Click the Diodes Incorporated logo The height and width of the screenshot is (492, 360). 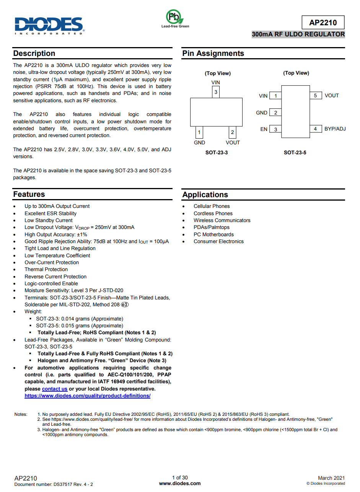point(49,25)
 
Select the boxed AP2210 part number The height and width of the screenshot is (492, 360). point(323,23)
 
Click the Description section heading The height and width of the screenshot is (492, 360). point(34,53)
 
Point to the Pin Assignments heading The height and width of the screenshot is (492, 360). point(213,53)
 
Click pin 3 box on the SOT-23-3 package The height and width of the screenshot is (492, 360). point(216,92)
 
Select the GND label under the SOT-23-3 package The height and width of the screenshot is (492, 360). point(199,142)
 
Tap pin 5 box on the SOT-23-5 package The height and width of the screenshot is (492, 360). point(315,96)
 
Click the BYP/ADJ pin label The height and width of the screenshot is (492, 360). point(335,129)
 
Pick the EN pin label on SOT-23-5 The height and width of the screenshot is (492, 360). point(264,129)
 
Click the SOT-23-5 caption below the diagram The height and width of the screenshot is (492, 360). point(295,152)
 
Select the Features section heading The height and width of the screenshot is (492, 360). point(29,194)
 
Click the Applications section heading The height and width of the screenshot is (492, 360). point(205,195)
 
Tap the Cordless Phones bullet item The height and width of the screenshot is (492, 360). point(213,213)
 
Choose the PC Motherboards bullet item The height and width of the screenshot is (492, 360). point(213,234)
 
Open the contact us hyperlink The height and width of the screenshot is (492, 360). point(54,389)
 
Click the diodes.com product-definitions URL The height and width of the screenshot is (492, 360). point(87,396)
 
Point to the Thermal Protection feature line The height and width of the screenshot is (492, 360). point(46,270)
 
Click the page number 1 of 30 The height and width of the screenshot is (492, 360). point(180,477)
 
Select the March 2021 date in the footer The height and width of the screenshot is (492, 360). point(331,478)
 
